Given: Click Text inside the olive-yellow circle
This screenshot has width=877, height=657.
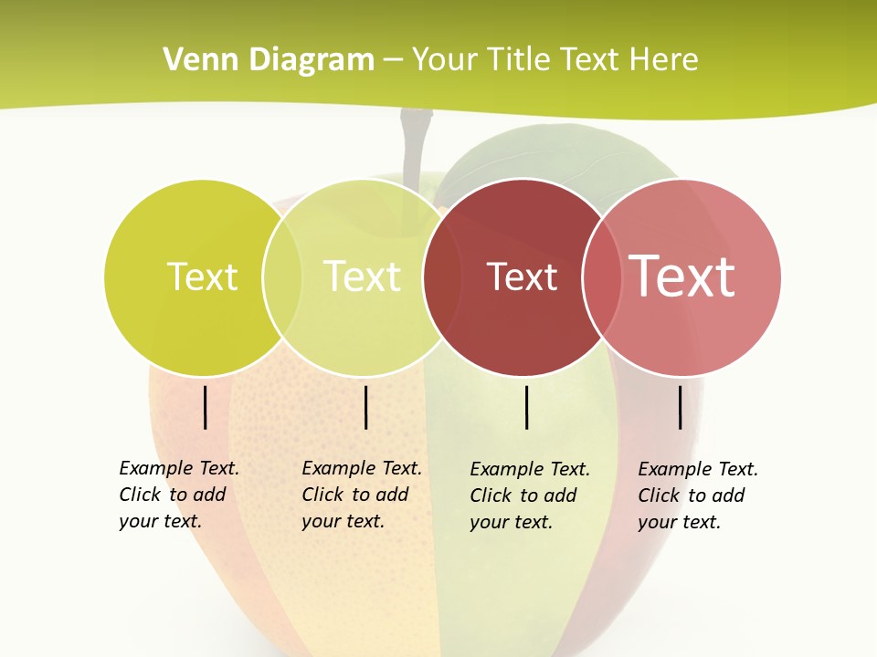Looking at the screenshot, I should [x=202, y=276].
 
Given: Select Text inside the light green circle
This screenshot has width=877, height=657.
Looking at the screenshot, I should [x=362, y=276].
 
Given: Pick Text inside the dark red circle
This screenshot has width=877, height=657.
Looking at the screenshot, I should [x=522, y=277].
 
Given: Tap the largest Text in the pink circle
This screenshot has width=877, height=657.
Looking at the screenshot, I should [x=682, y=276].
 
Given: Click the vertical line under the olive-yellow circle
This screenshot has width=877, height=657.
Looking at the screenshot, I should [x=205, y=407].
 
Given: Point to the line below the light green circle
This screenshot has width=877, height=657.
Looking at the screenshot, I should [x=365, y=407].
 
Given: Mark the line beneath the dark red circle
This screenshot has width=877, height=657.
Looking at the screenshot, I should [x=526, y=407].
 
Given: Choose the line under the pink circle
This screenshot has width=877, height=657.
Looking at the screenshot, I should [x=680, y=407].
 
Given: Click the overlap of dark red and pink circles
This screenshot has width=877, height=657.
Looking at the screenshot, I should [x=599, y=277].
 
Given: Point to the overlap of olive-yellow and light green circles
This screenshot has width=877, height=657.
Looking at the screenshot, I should [x=282, y=277].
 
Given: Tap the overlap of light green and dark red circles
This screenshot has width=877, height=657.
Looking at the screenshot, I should [x=442, y=277].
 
